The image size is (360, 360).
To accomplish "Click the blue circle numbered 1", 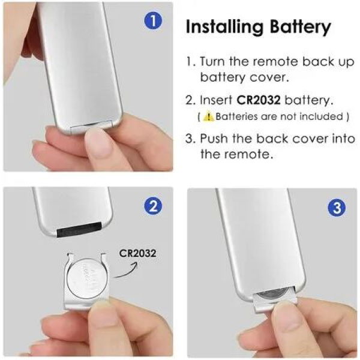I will (154, 22).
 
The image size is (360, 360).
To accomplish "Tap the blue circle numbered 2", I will (154, 206).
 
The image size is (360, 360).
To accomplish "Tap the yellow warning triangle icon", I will (208, 116).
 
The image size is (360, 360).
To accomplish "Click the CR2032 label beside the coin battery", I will (137, 253).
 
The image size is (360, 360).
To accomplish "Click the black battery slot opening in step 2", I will (81, 229).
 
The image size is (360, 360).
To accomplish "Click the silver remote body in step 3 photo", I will (258, 240).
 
